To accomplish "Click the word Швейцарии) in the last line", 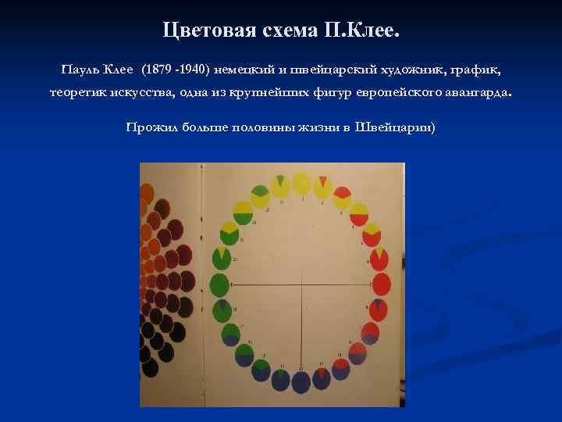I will pos(395,127).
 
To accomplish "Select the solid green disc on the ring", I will pos(220,282).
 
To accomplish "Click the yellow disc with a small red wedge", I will pos(322,188).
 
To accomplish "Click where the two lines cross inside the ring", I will pos(301,283).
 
